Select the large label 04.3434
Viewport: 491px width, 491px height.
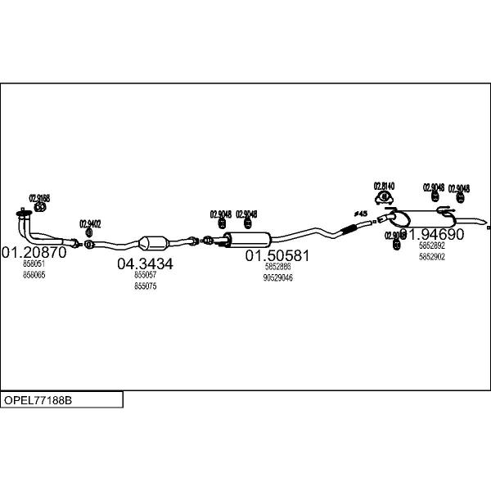145,264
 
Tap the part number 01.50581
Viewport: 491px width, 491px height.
277,255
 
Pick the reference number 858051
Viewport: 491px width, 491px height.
34,264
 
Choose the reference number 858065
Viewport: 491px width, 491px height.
34,275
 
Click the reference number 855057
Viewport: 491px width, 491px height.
145,276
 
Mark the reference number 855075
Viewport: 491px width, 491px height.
145,286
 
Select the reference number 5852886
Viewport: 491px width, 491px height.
277,267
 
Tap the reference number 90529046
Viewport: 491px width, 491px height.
277,277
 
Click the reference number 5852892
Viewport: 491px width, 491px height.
431,245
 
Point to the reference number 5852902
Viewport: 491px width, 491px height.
431,256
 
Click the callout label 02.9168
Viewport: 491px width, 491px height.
39,197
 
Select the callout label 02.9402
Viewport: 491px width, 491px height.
90,223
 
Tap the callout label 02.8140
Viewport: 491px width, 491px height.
384,186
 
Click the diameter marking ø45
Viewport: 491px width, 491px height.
360,214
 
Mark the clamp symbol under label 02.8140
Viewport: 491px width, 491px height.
384,197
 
